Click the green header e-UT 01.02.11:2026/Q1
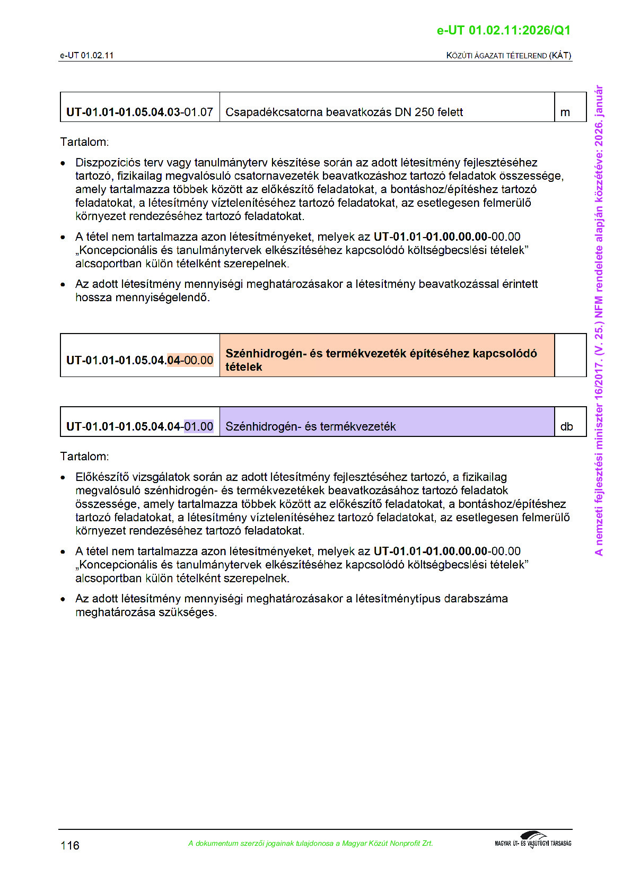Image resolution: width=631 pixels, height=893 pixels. click(x=503, y=30)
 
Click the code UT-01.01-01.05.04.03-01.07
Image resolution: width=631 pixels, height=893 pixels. click(x=139, y=112)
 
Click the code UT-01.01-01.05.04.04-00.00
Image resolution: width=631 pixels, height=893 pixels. click(x=139, y=360)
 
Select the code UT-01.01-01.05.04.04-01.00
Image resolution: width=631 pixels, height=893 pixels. click(x=139, y=426)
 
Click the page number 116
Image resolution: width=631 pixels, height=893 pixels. click(x=70, y=845)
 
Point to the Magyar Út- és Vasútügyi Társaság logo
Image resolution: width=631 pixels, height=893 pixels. click(x=533, y=840)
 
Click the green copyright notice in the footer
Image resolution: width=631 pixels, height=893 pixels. click(x=310, y=843)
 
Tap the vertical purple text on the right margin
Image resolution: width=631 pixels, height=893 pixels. click(x=599, y=320)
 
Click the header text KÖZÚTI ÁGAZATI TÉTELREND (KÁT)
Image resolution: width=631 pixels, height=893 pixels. click(x=509, y=55)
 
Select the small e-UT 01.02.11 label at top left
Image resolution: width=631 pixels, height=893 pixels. click(x=86, y=55)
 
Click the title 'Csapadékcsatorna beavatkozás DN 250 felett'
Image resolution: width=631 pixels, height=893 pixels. click(x=344, y=112)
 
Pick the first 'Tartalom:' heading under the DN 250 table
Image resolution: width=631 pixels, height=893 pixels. click(x=84, y=142)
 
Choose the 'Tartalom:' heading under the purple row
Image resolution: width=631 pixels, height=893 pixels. click(x=84, y=457)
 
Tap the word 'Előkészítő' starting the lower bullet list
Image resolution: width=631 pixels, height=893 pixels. click(x=102, y=477)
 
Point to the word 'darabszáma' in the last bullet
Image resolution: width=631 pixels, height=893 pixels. click(x=476, y=599)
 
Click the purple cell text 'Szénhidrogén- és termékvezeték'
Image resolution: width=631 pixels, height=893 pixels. click(x=310, y=426)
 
